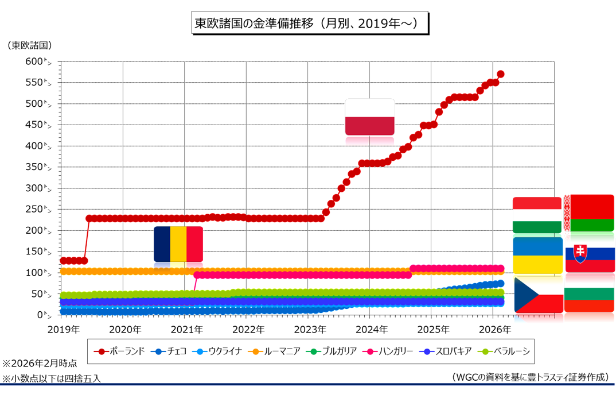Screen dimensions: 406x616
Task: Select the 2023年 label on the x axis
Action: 310,330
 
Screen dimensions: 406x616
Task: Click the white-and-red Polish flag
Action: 369,117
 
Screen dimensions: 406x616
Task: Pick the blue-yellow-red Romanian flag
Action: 178,244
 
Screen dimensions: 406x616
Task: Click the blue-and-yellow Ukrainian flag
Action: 537,255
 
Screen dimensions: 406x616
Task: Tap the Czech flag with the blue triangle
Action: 538,295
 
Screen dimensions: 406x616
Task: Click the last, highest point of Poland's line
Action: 501,74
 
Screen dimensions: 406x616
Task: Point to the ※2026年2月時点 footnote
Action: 40,363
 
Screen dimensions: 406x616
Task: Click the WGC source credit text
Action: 531,377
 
